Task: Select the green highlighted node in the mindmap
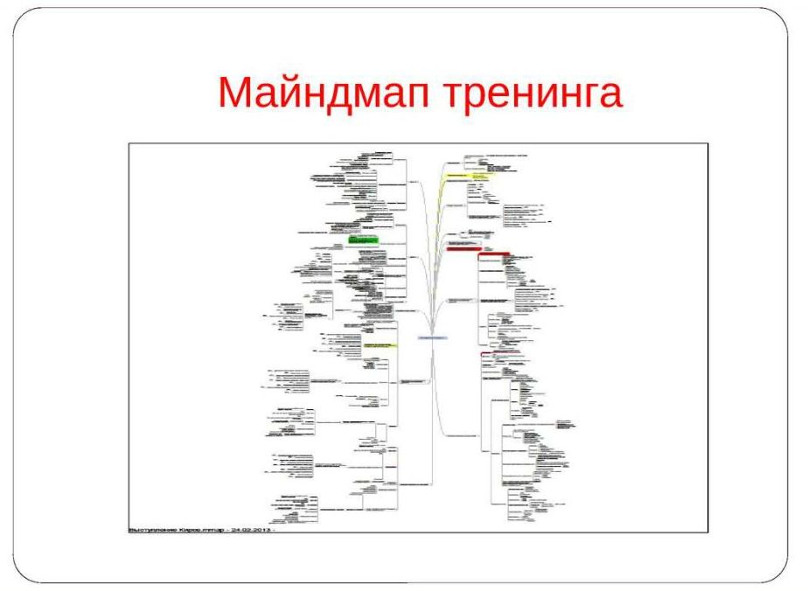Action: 363,238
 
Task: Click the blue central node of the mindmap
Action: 433,337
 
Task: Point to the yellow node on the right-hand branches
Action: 470,175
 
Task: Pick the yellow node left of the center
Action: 380,345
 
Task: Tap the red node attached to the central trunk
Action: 463,249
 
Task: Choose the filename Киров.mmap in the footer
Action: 203,529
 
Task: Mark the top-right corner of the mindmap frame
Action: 707,143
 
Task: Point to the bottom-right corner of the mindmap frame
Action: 707,532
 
